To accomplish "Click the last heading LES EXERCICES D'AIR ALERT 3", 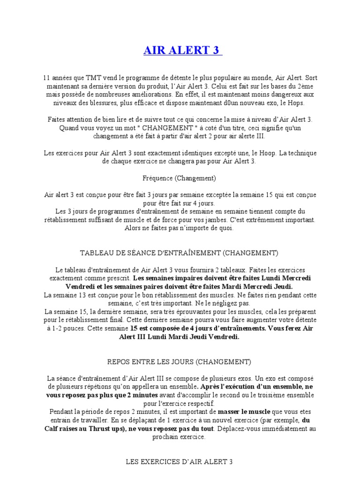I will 180,462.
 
